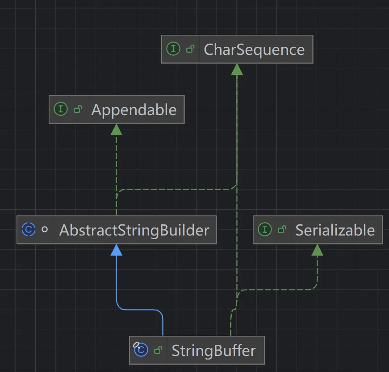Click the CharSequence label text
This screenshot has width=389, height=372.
(x=254, y=50)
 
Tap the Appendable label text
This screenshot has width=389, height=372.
(x=134, y=110)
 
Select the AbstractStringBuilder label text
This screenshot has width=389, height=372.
(x=134, y=230)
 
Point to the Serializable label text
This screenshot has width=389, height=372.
(x=335, y=230)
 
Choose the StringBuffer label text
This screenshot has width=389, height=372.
(x=213, y=351)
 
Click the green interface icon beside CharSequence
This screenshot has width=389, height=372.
(x=173, y=49)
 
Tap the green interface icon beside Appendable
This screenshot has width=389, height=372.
(x=60, y=109)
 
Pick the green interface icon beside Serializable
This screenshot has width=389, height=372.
(x=265, y=230)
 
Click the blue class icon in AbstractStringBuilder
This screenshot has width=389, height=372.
(x=28, y=230)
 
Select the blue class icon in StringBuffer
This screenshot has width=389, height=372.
(x=141, y=350)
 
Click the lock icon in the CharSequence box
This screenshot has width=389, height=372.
(x=190, y=50)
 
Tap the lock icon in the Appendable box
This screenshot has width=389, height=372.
(x=78, y=109)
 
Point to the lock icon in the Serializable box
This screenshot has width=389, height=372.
(x=282, y=230)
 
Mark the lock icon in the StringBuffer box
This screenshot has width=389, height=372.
(x=158, y=351)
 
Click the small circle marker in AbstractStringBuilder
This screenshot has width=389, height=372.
(x=45, y=230)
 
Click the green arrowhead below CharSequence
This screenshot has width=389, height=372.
(x=237, y=69)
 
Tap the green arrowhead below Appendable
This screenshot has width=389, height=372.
(x=117, y=129)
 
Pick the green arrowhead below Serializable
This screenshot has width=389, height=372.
(x=317, y=250)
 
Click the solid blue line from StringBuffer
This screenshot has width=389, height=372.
(x=117, y=285)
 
